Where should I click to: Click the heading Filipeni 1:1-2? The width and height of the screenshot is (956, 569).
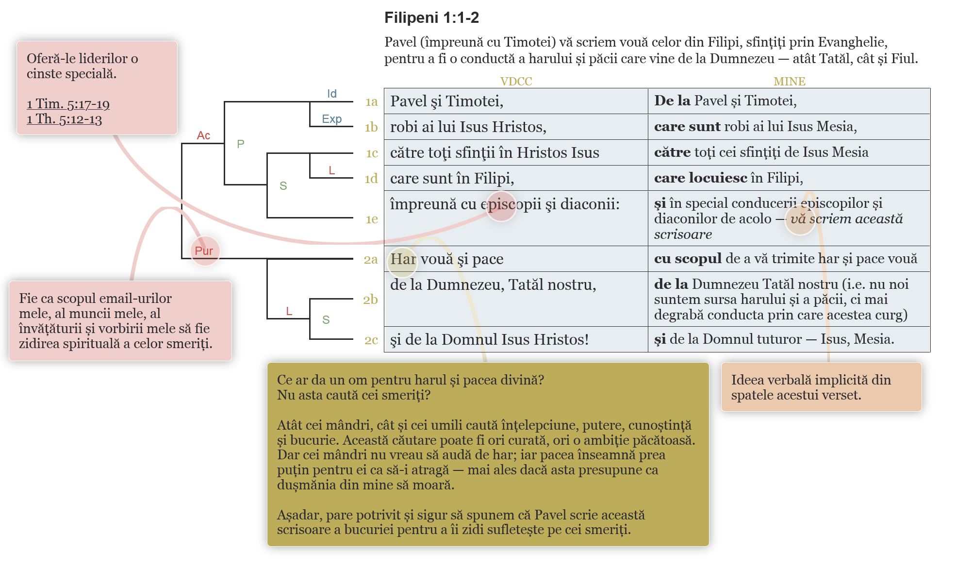(x=431, y=18)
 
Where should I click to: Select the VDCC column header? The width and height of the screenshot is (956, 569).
(x=516, y=81)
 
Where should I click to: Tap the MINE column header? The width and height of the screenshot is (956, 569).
(x=789, y=81)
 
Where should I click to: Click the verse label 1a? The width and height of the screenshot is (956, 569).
(x=371, y=102)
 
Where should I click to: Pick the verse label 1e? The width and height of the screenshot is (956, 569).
(x=371, y=219)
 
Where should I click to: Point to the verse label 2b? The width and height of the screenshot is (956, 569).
(x=370, y=300)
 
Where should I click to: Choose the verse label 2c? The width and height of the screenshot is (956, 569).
(x=371, y=340)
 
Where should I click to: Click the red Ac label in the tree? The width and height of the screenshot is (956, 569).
(x=203, y=135)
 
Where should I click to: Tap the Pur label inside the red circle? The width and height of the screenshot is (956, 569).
(x=204, y=251)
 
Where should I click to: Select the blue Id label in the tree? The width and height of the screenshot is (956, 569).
(x=332, y=94)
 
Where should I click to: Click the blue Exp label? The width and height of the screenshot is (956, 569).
(x=332, y=119)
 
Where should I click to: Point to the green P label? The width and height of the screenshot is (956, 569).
(x=241, y=144)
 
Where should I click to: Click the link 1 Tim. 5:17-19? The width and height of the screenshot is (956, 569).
(x=68, y=104)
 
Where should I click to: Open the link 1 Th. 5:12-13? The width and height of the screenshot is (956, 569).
(x=64, y=119)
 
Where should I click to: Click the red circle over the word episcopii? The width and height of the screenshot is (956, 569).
(x=501, y=206)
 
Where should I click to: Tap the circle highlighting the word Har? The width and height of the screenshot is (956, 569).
(x=402, y=261)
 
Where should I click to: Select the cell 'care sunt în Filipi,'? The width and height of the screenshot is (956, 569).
(x=452, y=178)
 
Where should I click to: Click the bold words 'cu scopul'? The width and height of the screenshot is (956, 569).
(x=688, y=258)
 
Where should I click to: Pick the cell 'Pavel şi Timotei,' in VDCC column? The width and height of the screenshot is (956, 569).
(x=446, y=101)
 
